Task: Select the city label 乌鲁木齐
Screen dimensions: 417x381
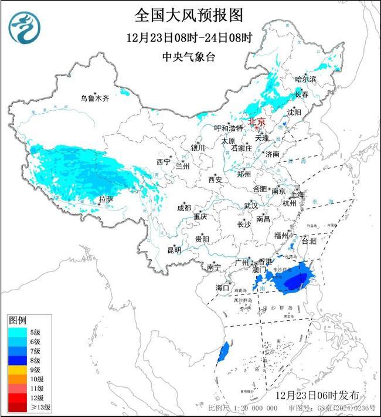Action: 95,98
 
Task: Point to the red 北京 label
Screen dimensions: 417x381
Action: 257,121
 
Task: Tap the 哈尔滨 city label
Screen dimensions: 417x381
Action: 305,79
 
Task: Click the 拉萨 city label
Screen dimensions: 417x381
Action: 106,200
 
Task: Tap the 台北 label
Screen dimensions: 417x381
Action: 308,240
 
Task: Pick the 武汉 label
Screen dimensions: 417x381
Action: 251,206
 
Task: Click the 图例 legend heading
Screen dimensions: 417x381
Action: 17,321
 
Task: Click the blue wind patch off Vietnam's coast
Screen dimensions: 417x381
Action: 223,353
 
